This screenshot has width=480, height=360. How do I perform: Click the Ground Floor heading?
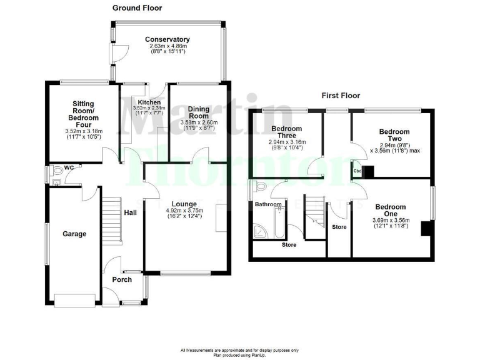pyautogui.click(x=137, y=8)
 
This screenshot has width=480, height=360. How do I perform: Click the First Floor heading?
pyautogui.click(x=341, y=96)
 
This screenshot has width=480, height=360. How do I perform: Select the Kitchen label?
pyautogui.click(x=149, y=102)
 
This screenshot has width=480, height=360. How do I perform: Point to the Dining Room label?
pyautogui.click(x=199, y=112)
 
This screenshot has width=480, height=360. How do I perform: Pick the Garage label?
pyautogui.click(x=74, y=234)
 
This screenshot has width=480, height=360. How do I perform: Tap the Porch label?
pyautogui.click(x=122, y=279)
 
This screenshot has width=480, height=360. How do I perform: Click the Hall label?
pyautogui.click(x=130, y=213)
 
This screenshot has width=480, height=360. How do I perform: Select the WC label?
pyautogui.click(x=69, y=167)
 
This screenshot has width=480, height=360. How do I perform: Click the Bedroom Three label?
pyautogui.click(x=287, y=132)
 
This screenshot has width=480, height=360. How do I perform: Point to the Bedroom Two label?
pyautogui.click(x=394, y=136)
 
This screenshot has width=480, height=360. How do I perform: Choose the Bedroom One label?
pyautogui.click(x=391, y=211)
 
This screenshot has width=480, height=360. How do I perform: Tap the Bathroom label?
pyautogui.click(x=267, y=204)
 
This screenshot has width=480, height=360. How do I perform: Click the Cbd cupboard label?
pyautogui.click(x=357, y=171)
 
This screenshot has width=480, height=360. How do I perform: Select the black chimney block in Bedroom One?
pyautogui.click(x=426, y=229)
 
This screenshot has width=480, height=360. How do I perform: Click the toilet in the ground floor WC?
pyautogui.click(x=57, y=169)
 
